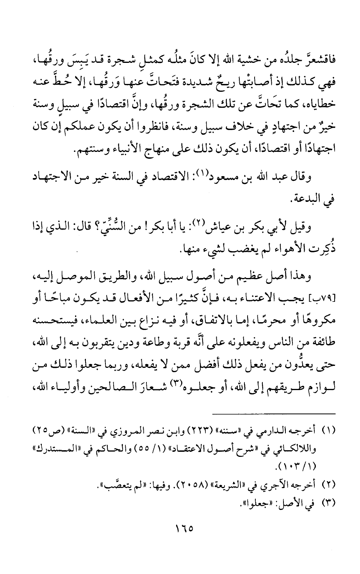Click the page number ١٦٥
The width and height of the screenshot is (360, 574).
coord(180,529)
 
